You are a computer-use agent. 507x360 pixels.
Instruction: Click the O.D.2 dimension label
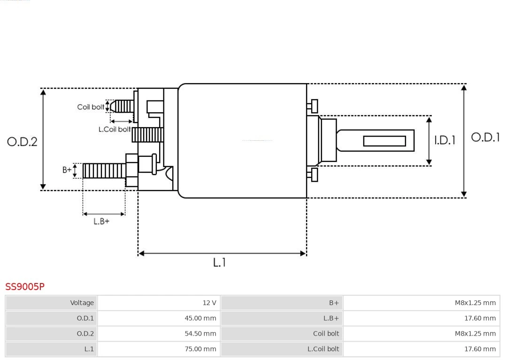coord(22,141)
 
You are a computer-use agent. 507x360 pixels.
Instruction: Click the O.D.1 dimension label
coord(485,137)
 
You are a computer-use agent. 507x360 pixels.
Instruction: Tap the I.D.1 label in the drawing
coord(444,140)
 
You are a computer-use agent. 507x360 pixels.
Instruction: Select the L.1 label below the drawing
coord(219,263)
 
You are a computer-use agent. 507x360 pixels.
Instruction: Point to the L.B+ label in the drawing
coord(101,222)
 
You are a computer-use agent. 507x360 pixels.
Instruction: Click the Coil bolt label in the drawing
coord(91,107)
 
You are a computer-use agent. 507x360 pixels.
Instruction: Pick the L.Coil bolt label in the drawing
coord(115,129)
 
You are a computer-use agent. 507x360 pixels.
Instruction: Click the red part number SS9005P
coord(25,286)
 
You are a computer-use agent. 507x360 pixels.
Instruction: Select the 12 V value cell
coord(209,303)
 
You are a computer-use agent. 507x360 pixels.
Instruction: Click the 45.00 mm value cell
coord(200,318)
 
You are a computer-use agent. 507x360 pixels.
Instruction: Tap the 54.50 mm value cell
coord(200,334)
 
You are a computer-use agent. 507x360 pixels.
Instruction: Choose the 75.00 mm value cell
coord(200,349)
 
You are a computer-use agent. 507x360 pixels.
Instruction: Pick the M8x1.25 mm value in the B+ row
coord(475,303)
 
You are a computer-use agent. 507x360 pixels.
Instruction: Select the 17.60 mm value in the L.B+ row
coord(479,318)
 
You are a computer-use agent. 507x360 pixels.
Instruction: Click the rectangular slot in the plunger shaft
coord(384,141)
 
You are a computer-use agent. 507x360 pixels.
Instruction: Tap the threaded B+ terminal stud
coord(104,171)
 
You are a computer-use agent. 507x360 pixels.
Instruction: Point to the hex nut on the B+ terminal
coord(131,170)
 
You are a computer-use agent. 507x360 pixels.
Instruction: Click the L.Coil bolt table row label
coord(323,349)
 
